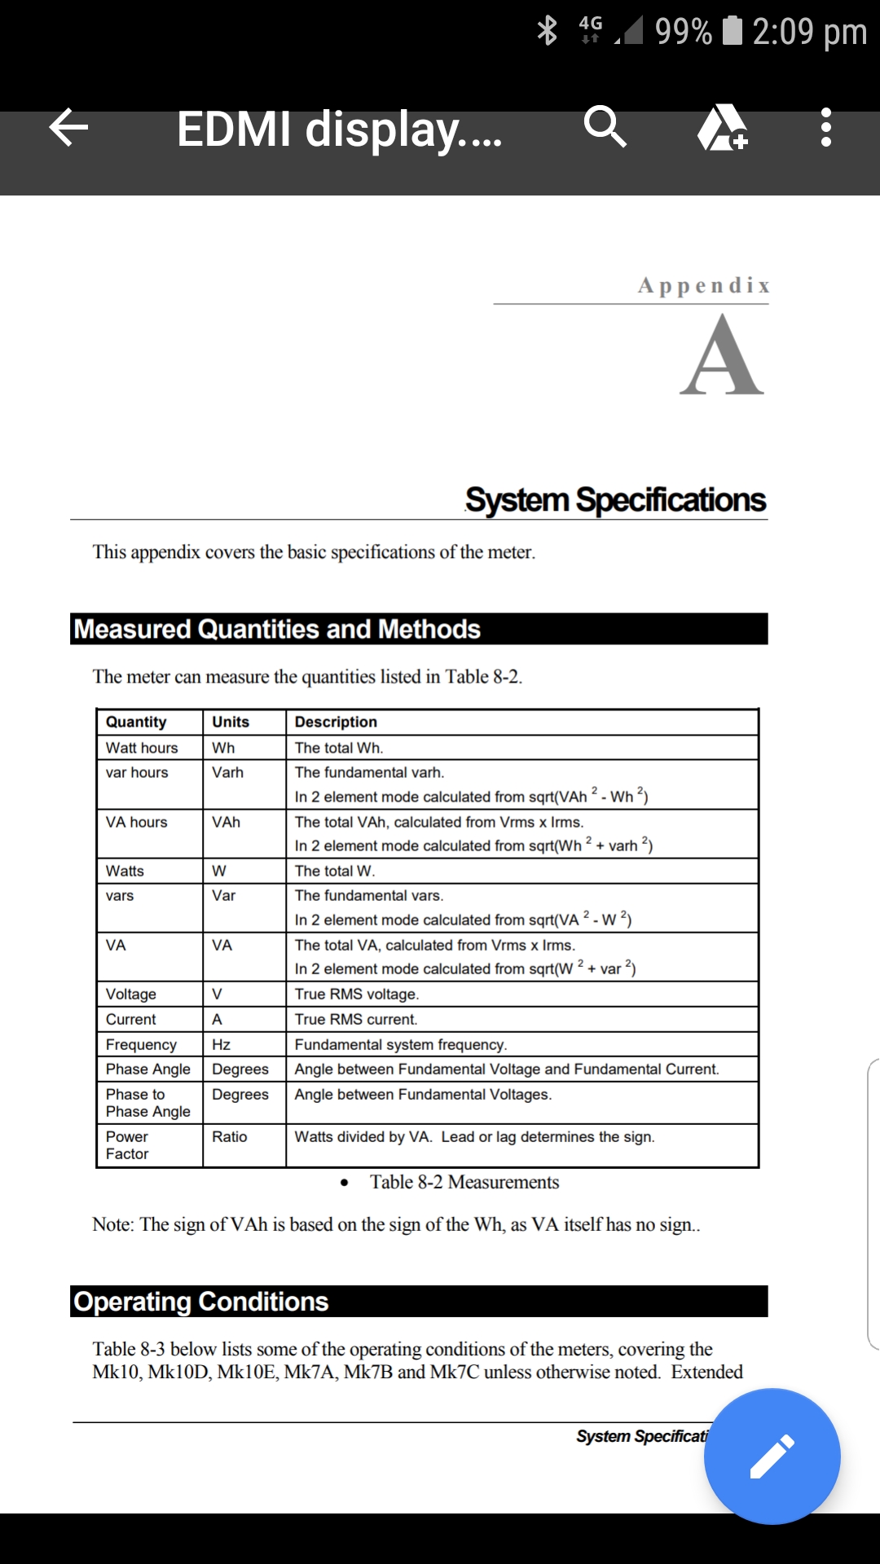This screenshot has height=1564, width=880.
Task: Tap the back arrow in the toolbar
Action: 68,128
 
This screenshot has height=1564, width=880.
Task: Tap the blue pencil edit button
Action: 772,1456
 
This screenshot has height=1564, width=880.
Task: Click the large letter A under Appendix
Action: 722,356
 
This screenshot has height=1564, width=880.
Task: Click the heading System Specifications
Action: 615,499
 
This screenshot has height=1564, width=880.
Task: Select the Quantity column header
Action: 136,722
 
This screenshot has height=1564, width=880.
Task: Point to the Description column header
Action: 336,722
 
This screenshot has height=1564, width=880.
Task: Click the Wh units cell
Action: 223,748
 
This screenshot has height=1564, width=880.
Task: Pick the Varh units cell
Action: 228,772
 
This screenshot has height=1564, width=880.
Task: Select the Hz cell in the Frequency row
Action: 221,1044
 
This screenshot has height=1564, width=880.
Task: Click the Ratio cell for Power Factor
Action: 230,1136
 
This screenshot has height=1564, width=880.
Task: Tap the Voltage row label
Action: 131,994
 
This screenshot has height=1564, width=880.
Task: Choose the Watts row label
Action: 125,871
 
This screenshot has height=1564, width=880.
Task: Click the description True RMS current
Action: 356,1019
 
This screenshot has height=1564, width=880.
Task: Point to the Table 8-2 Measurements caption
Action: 464,1182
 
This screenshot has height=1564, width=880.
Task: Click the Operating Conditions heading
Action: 201,1302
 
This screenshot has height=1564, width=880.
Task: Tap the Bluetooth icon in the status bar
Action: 548,31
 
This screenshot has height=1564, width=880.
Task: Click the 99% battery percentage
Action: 683,31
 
